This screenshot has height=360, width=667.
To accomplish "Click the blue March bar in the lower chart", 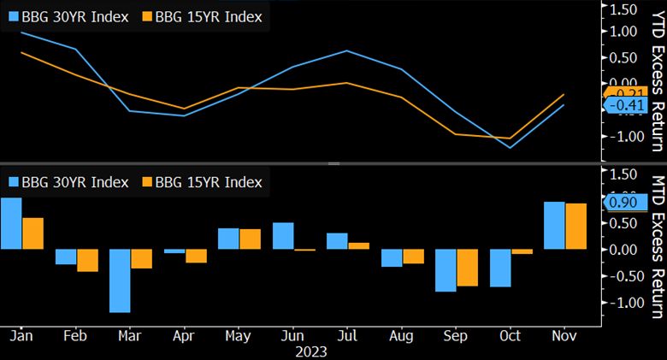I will coord(119,280).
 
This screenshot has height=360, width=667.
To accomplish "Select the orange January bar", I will coord(32,233).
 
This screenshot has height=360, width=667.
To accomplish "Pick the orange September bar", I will coord(467,268).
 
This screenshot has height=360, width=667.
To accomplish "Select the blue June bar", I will coord(283,236).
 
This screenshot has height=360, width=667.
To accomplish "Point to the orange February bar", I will coord(87,260).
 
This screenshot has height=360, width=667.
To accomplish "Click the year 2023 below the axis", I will coord(310,351).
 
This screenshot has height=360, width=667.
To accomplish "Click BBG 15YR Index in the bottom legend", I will coord(202,181).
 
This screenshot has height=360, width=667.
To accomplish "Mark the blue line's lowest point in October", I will coord(510,148).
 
